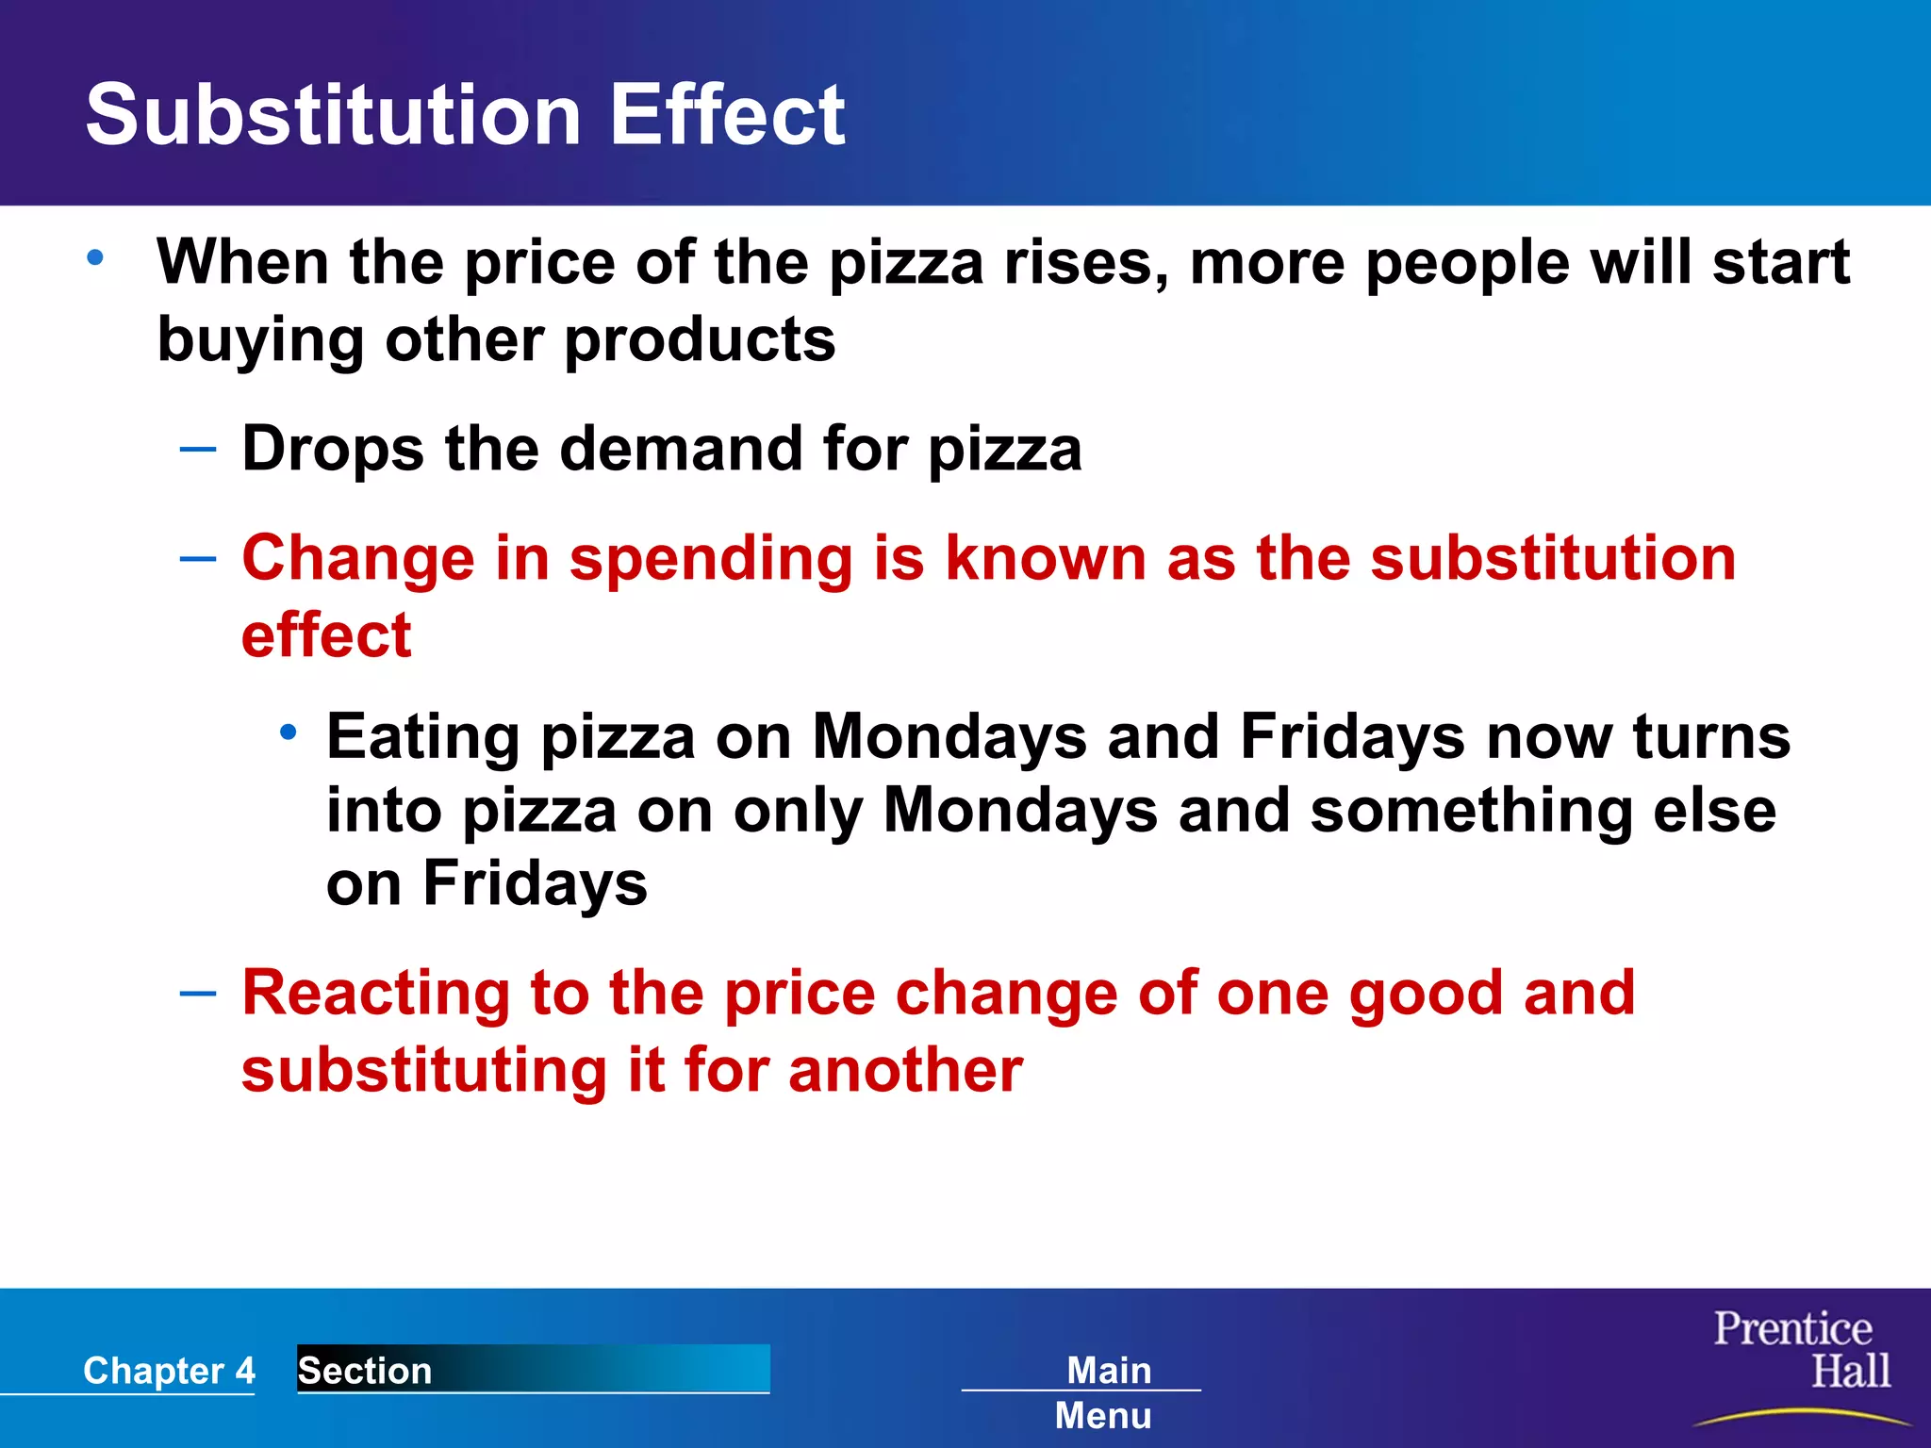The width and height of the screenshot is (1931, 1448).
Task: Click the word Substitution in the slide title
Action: [333, 115]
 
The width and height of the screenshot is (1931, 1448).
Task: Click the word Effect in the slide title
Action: [727, 115]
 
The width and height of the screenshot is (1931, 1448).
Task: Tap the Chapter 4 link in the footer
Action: [169, 1370]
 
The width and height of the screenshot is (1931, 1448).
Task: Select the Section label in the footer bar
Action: [365, 1370]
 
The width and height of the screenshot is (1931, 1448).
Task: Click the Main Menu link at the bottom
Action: [1105, 1391]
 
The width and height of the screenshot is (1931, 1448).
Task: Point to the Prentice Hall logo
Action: [1801, 1351]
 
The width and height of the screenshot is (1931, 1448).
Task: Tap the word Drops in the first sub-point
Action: [333, 449]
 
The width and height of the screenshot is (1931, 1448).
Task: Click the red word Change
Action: [357, 558]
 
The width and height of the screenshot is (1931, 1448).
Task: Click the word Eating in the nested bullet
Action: [422, 736]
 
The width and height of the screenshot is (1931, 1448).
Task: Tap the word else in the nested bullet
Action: [1715, 811]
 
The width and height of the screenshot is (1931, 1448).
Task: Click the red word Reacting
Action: [375, 995]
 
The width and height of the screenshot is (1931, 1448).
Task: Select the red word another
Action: [905, 1071]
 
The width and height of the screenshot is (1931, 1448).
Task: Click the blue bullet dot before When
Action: [95, 256]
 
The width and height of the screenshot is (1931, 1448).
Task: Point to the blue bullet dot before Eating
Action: [289, 732]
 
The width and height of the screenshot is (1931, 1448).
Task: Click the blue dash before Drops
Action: [198, 449]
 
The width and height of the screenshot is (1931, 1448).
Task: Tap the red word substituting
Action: [424, 1071]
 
